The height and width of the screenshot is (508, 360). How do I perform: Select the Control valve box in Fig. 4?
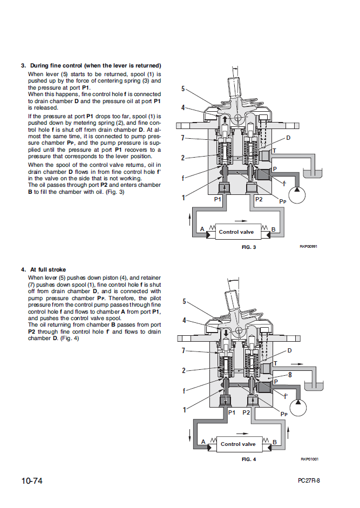click(x=238, y=444)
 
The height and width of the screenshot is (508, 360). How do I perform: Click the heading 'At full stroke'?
click(x=48, y=269)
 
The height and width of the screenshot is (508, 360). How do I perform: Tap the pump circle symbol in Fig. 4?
click(x=298, y=403)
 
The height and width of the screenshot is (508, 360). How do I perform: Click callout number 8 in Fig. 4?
click(x=290, y=374)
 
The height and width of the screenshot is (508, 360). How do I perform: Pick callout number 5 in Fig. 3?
click(x=183, y=89)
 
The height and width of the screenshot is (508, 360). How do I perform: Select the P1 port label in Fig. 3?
click(x=218, y=199)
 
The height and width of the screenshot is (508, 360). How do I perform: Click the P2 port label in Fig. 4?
click(x=247, y=412)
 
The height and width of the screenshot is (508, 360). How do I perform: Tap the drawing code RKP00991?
click(x=309, y=246)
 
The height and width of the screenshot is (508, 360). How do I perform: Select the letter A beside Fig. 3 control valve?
click(x=202, y=229)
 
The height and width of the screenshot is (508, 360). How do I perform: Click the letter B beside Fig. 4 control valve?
click(x=275, y=442)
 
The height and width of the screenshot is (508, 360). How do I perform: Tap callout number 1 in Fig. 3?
click(x=184, y=197)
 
